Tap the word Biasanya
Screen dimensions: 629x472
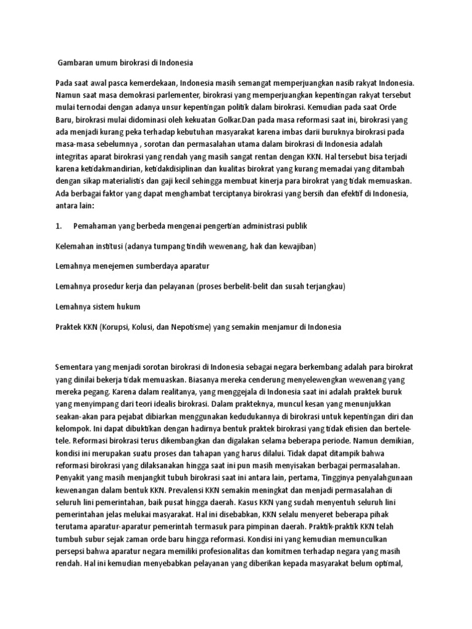coord(178,380)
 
